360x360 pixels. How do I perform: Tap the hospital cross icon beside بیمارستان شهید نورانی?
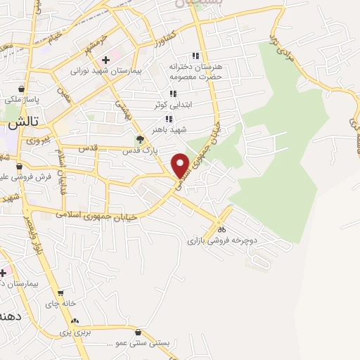[105, 60]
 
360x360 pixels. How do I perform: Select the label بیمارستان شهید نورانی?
[105, 71]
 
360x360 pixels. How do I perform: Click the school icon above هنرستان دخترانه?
[196, 56]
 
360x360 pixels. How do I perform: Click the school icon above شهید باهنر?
[169, 119]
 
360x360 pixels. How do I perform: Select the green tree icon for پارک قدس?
[139, 139]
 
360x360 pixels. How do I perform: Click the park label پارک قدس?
[138, 150]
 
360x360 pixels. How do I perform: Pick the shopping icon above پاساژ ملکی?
[22, 89]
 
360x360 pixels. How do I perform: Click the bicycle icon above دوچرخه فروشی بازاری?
[221, 229]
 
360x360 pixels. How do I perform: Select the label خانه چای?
[60, 304]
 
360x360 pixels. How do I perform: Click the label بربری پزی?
[75, 330]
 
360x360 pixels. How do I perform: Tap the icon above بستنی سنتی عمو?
[139, 333]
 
